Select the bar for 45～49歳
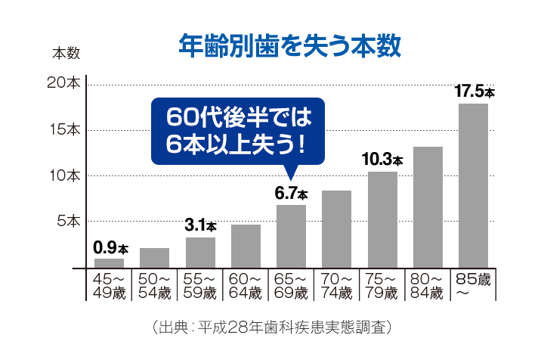(x=109, y=263)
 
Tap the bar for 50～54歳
(x=154, y=258)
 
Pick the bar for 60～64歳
(x=246, y=247)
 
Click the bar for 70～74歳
(x=336, y=229)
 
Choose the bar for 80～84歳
(x=428, y=207)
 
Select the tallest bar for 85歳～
(x=473, y=186)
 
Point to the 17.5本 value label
(x=474, y=92)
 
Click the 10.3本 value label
(x=382, y=160)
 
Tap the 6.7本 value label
(x=291, y=193)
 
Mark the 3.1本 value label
(x=200, y=225)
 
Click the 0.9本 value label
(x=110, y=247)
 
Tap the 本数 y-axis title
(x=66, y=54)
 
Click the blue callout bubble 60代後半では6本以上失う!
(x=237, y=129)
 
